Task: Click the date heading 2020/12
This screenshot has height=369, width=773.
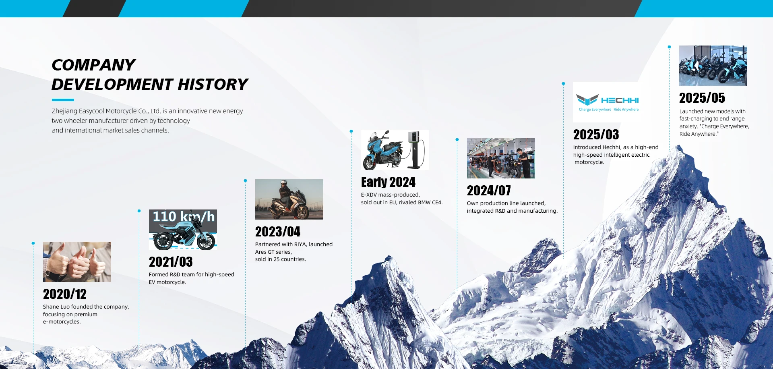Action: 65,294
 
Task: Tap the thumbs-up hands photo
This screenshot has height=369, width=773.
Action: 77,262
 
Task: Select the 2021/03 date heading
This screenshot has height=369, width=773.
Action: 171,262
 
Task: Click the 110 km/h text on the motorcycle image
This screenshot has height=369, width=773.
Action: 184,217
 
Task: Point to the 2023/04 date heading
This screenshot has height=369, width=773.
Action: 278,232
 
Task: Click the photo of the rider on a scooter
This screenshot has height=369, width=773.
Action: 289,199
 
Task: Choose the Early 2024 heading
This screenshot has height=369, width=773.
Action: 388,182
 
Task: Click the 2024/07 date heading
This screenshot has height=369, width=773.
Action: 489,191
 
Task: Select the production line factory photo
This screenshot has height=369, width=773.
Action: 501,158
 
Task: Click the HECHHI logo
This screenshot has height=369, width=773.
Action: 608,102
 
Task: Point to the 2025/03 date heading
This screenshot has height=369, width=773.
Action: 596,135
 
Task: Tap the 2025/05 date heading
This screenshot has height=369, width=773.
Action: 702,98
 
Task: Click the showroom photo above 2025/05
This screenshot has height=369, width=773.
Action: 713,66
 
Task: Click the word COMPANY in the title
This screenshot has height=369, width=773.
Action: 93,65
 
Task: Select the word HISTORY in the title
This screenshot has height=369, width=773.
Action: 213,84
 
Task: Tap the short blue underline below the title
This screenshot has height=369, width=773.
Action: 63,100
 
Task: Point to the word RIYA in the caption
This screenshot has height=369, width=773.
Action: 300,245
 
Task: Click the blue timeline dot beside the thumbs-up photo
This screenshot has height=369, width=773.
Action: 33,243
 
